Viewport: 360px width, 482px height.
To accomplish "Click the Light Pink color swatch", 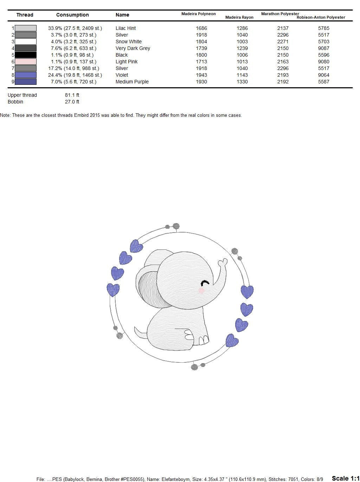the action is [x=25, y=62].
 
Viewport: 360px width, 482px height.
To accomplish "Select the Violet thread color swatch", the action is [x=25, y=75].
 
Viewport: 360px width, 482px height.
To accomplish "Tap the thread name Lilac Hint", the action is [x=126, y=28].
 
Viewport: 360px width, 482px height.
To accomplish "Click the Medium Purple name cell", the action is [x=132, y=82].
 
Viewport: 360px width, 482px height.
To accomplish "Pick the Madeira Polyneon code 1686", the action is [x=201, y=28].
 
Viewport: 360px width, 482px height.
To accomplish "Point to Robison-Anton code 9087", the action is [x=323, y=48].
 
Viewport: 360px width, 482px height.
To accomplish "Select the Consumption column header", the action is [x=72, y=15].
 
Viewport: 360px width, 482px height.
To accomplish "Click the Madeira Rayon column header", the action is [x=239, y=17].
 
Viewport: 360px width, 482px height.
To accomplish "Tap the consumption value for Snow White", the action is [x=73, y=42].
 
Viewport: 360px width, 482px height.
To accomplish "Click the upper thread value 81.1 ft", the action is [x=72, y=95].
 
